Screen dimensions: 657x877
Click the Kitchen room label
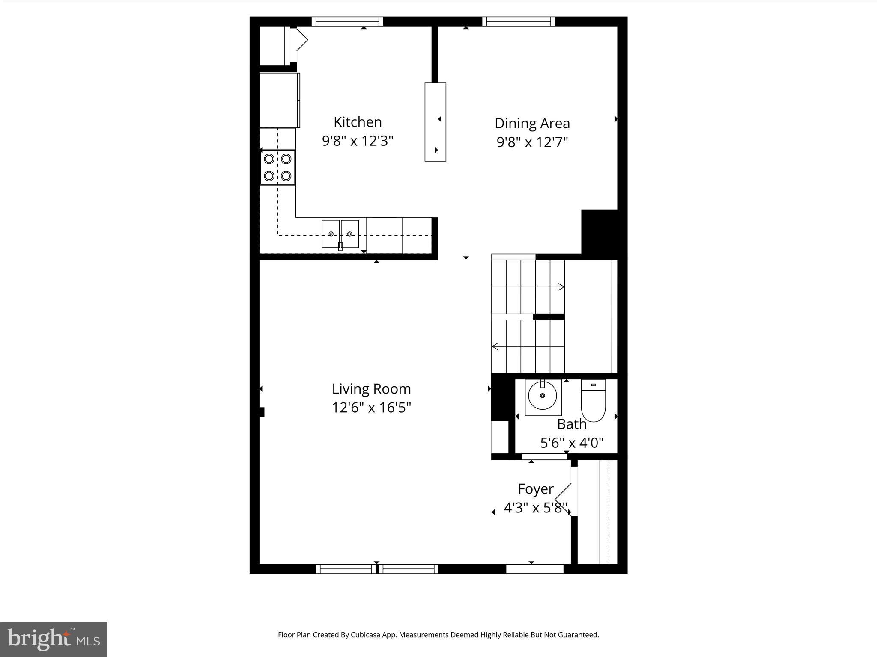tap(358, 122)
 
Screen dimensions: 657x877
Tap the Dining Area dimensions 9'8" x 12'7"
tap(532, 142)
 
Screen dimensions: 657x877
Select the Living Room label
tap(371, 389)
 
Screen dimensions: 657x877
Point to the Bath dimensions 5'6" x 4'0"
tap(572, 443)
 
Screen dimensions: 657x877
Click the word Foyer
tap(535, 489)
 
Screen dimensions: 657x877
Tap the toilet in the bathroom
tap(593, 401)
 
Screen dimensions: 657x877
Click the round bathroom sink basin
tap(543, 396)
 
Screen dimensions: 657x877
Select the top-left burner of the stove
tap(269, 159)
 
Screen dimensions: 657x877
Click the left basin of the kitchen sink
tap(331, 234)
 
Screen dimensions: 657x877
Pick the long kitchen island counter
tap(435, 122)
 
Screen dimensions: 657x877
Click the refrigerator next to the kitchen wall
tap(279, 101)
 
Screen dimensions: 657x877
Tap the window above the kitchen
tap(347, 21)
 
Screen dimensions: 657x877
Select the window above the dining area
tap(518, 21)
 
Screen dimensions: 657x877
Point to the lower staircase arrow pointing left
tap(496, 346)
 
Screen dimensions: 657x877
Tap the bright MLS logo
tap(54, 639)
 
